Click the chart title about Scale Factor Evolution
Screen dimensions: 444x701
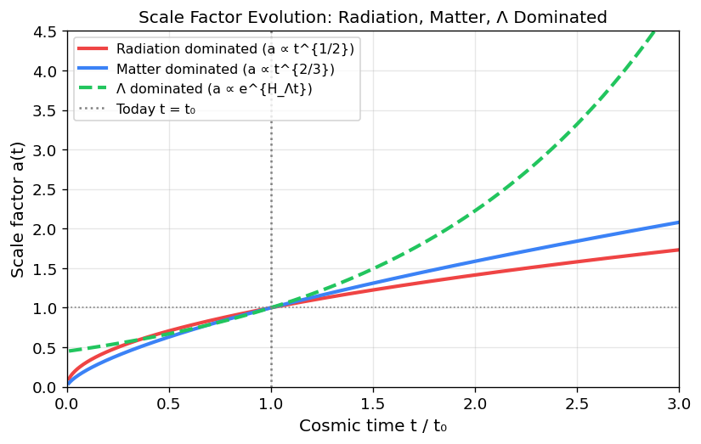372,15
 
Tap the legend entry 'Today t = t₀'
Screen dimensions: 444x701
161,109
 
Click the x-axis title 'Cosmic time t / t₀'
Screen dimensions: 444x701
372,426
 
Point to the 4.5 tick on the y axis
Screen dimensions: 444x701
47,31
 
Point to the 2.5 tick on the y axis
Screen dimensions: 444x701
47,189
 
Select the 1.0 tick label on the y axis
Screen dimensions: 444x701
47,308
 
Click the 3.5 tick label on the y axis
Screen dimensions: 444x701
47,110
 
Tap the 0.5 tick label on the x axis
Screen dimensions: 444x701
168,402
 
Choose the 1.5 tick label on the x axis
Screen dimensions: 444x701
372,402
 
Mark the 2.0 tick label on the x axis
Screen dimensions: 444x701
474,402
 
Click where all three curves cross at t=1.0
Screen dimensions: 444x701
270,308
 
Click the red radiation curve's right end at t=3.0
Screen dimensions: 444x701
678,250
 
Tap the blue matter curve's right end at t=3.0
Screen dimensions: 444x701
678,222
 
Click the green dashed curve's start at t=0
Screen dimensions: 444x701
67,351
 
